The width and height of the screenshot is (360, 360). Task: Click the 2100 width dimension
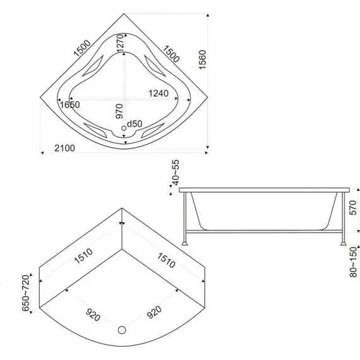64,148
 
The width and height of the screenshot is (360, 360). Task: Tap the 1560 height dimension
203,59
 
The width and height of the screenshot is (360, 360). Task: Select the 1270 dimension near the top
120,44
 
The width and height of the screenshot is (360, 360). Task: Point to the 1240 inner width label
159,93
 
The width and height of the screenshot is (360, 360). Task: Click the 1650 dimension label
69,105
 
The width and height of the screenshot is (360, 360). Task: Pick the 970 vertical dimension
119,111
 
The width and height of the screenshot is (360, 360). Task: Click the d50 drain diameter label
135,124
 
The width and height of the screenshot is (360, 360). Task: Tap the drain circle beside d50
124,128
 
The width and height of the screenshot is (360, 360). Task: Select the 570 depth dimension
353,208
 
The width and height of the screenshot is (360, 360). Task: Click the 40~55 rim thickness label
176,172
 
